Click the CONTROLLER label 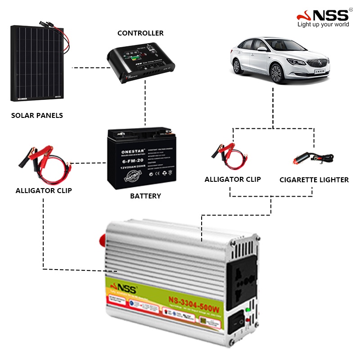[x=140, y=33]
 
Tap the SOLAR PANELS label [x=37, y=115]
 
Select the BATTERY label [x=145, y=196]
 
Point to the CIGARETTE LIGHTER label [x=314, y=180]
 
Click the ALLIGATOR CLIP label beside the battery [x=44, y=190]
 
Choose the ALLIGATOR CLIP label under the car [x=233, y=179]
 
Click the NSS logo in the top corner [x=323, y=15]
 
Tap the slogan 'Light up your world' [x=323, y=24]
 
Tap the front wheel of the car [x=275, y=73]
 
